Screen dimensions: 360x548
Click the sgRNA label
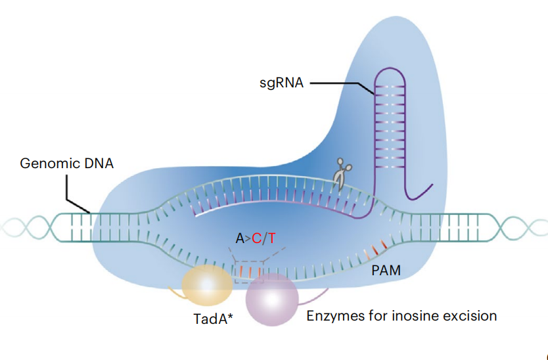(x=281, y=83)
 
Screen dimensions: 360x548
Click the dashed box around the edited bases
(x=250, y=271)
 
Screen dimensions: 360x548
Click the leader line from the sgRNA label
(x=335, y=83)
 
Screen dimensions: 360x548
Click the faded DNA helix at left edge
(x=23, y=227)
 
